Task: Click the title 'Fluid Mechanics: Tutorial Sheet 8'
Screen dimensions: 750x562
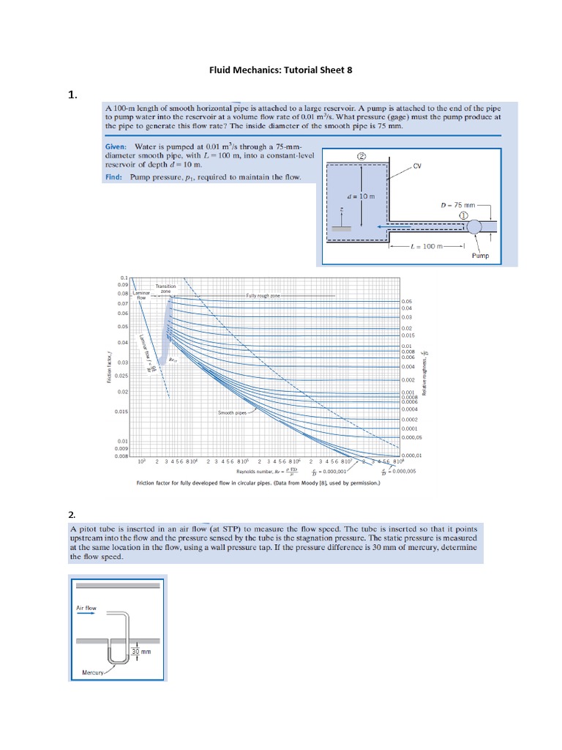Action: pyautogui.click(x=281, y=70)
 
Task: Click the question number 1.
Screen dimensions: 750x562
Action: pyautogui.click(x=72, y=94)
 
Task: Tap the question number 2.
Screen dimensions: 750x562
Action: pyautogui.click(x=72, y=514)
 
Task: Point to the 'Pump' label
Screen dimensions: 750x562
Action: pyautogui.click(x=480, y=256)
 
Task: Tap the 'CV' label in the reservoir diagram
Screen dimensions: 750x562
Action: pyautogui.click(x=418, y=166)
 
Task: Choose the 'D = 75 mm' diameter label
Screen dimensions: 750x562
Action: pyautogui.click(x=458, y=205)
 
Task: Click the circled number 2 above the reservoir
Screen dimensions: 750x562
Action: pyautogui.click(x=361, y=156)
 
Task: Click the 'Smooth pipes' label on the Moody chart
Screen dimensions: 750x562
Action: pyautogui.click(x=232, y=412)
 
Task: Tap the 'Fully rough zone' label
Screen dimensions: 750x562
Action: pyautogui.click(x=263, y=295)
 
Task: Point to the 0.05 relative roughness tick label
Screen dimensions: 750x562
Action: pyautogui.click(x=407, y=301)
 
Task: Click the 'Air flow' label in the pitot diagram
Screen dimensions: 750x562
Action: pyautogui.click(x=86, y=607)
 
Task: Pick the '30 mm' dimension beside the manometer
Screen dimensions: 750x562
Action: pyautogui.click(x=140, y=651)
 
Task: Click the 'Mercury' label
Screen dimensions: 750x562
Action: pyautogui.click(x=92, y=671)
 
